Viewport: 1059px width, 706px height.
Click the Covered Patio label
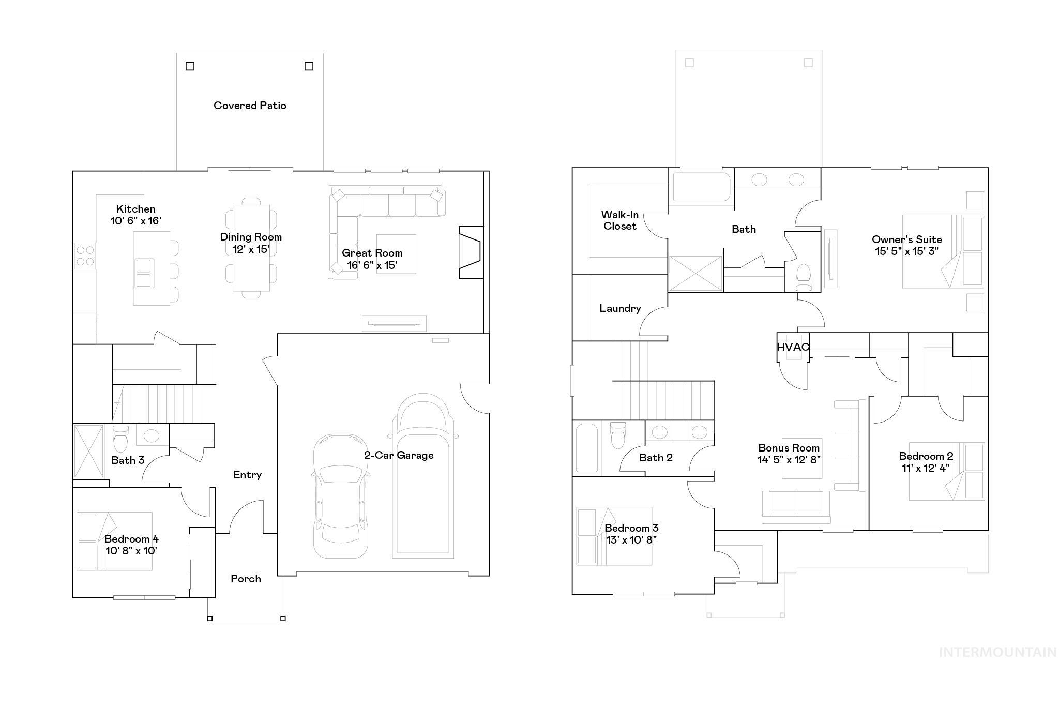click(x=250, y=106)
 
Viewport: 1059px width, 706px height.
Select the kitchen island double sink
click(x=143, y=273)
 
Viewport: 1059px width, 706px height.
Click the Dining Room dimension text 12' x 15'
click(x=251, y=249)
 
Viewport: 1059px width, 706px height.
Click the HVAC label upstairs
click(x=793, y=347)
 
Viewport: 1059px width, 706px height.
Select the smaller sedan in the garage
click(x=341, y=496)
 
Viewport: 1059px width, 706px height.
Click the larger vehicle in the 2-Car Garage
click(x=423, y=476)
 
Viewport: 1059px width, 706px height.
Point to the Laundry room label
click(x=620, y=308)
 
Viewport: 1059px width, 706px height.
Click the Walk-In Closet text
click(x=619, y=220)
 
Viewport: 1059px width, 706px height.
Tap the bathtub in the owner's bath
click(x=700, y=186)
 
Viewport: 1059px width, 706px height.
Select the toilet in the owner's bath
click(x=803, y=278)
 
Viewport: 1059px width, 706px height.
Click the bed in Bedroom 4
click(x=114, y=541)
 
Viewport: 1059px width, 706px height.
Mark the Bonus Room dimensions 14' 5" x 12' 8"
click(x=789, y=459)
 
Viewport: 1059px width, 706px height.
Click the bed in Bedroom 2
click(x=947, y=471)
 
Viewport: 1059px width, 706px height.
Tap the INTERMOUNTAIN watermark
click(x=997, y=652)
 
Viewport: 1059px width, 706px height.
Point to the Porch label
click(x=246, y=579)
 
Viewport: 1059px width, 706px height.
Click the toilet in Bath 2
click(x=618, y=435)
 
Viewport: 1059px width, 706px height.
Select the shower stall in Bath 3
click(x=88, y=451)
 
